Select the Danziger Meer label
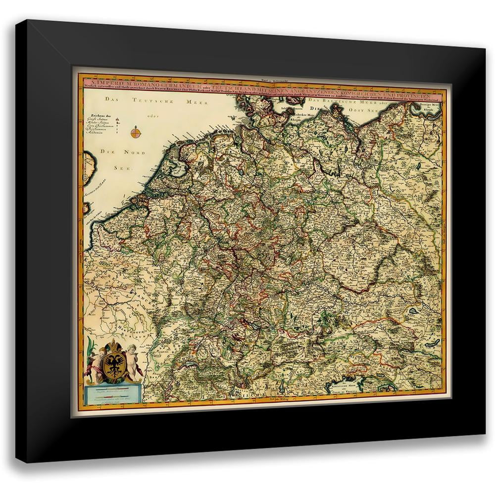429,105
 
